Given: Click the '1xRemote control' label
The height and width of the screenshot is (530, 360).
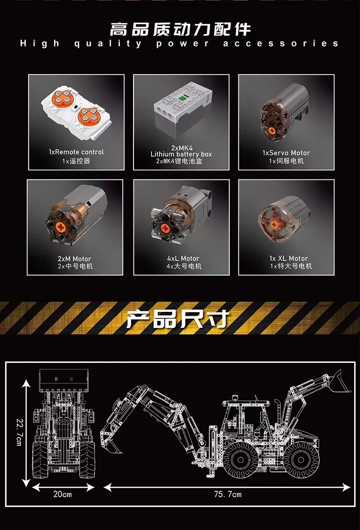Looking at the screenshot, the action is tap(77, 152).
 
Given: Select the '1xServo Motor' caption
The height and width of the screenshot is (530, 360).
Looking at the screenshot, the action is tap(286, 153).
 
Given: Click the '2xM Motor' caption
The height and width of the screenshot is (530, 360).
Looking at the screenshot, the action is tap(74, 259).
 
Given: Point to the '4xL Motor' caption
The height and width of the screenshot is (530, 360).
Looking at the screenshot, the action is tap(183, 259).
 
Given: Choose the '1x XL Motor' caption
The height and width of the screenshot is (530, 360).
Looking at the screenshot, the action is tap(288, 259).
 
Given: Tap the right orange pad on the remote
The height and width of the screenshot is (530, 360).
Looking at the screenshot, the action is tap(88, 115).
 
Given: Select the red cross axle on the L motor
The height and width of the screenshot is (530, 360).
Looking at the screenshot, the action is tap(165, 229).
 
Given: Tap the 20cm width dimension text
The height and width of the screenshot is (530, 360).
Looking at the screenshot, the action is tap(62, 494).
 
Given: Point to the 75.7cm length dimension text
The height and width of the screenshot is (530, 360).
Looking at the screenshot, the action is tap(228, 494).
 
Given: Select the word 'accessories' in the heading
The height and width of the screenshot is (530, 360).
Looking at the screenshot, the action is tap(281, 44).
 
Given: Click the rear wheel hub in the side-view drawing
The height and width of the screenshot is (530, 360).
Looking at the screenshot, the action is tap(241, 459).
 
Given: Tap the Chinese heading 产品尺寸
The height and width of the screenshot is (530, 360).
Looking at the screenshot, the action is tap(178, 318).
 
